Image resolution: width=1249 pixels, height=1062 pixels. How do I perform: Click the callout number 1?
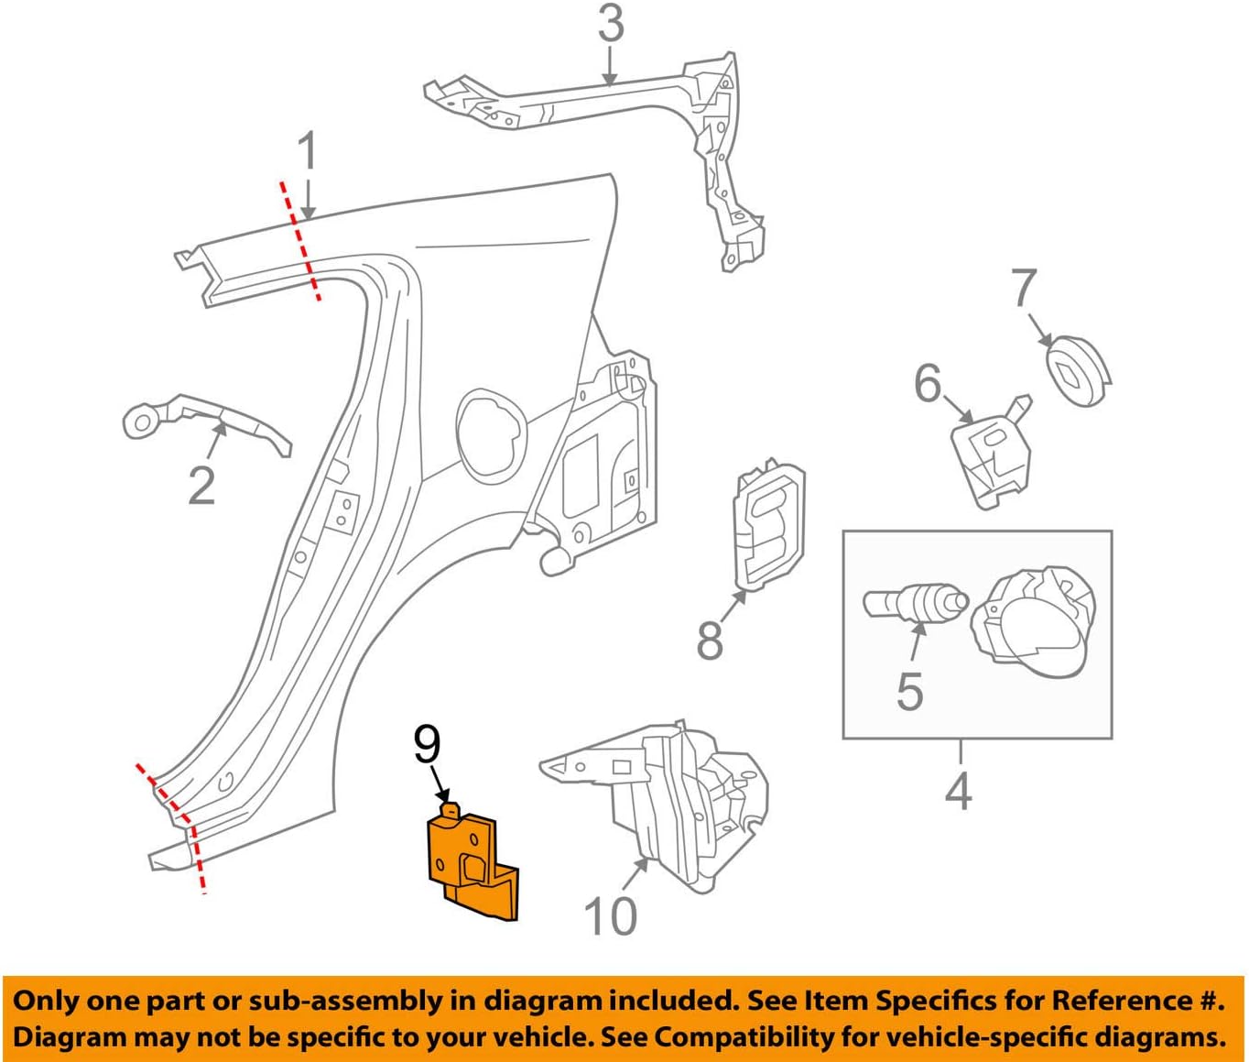[309, 152]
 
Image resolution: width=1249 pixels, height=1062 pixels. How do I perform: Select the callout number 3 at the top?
[611, 25]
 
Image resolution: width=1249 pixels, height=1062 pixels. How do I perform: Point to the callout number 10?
[610, 914]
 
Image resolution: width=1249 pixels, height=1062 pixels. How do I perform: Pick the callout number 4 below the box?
[958, 789]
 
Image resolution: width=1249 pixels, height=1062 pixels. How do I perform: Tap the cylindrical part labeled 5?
[914, 605]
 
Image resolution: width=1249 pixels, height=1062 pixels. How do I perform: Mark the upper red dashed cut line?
[299, 240]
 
